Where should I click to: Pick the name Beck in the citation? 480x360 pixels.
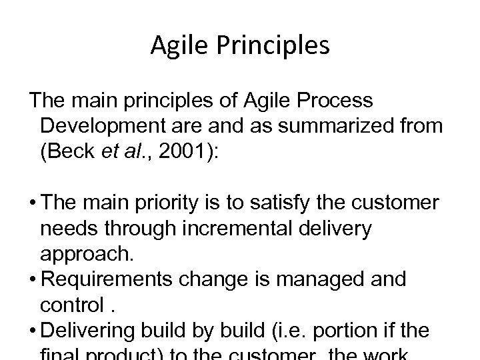(71, 150)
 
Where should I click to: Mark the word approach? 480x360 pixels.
(85, 254)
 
